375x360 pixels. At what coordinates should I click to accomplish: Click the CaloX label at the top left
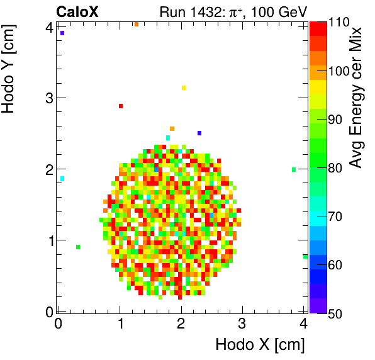(79, 11)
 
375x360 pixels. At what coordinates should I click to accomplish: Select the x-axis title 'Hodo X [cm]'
(260, 345)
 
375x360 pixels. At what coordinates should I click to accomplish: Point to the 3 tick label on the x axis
(242, 323)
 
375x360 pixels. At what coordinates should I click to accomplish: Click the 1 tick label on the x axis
(120, 323)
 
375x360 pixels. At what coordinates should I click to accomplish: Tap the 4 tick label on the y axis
(48, 26)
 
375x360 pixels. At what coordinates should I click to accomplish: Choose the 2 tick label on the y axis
(48, 169)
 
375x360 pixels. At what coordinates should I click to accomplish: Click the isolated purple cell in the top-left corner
(62, 33)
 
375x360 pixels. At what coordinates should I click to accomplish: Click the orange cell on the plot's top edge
(136, 24)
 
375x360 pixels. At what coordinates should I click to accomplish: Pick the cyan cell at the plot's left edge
(62, 179)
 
